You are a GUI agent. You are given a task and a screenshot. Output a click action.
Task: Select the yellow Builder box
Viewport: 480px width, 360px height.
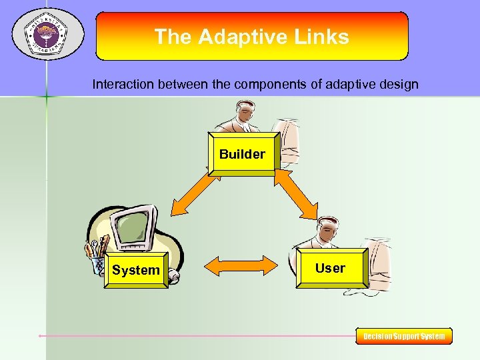(242, 154)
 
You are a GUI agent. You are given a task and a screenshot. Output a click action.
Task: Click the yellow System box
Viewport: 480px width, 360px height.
(136, 269)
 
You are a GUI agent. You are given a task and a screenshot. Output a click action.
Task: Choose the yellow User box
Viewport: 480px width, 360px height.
(330, 268)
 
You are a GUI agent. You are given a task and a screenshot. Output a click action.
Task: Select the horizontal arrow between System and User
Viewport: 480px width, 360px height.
(239, 265)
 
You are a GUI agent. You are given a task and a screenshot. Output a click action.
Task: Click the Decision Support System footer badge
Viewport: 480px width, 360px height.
(404, 336)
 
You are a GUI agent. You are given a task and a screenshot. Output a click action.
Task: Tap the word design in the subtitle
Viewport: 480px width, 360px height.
(400, 85)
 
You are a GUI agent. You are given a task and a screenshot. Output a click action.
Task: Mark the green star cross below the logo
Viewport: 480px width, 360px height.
(46, 97)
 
